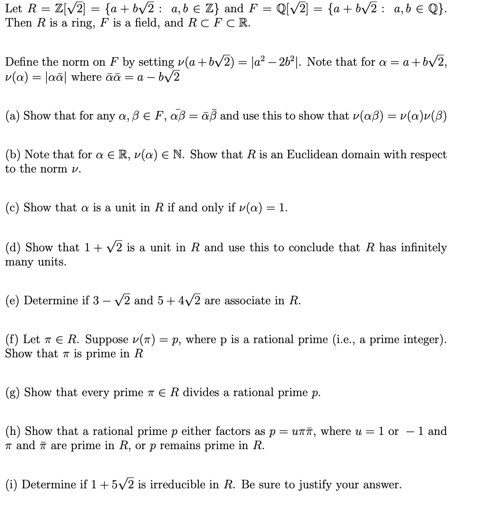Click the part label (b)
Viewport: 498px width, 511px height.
[13, 154]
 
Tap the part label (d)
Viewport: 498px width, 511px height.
[13, 247]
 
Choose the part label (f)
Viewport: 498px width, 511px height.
[12, 340]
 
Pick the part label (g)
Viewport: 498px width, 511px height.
[13, 393]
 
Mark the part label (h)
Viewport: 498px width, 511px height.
[13, 431]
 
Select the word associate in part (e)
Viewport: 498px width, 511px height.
[247, 300]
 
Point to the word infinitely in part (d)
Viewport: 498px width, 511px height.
[424, 247]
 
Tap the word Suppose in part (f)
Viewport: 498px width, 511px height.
[106, 340]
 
